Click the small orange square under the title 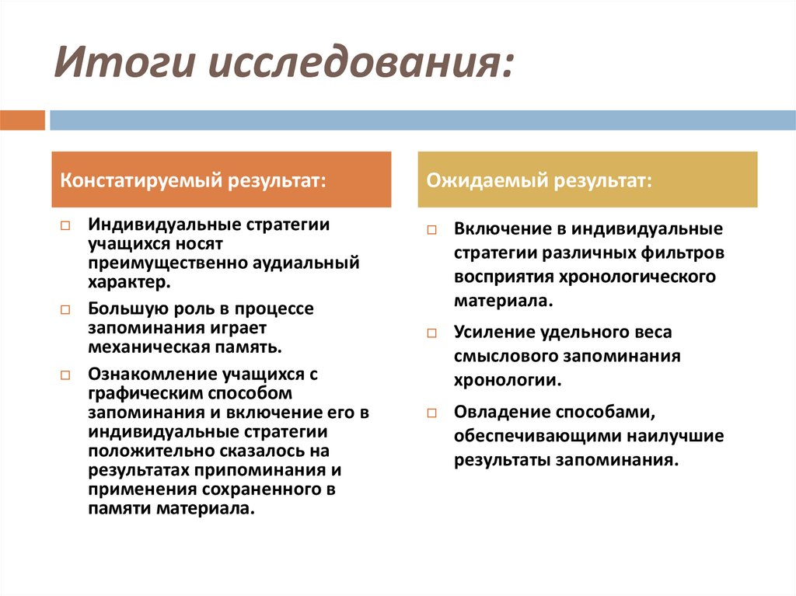coord(23,120)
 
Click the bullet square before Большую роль coord(65,310)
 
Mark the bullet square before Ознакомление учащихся coord(65,375)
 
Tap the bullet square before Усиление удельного coord(432,333)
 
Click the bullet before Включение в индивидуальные coord(432,231)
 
